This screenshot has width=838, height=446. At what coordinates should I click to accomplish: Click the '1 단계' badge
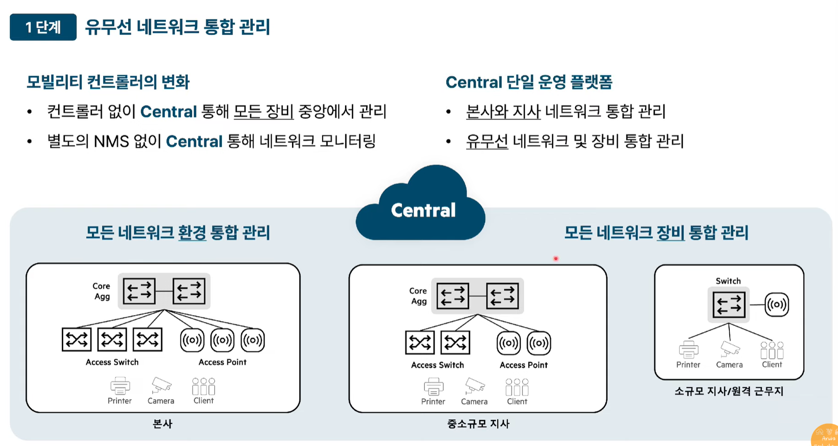pos(43,27)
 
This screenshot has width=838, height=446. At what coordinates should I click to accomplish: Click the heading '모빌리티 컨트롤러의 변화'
pos(108,82)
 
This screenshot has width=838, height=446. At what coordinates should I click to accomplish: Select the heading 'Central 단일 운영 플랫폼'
pos(529,82)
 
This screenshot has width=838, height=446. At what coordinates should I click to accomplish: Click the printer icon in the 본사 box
pos(120,386)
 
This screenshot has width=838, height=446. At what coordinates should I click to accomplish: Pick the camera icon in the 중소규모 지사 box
pos(475,386)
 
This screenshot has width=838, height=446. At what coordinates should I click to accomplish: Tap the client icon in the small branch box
pos(772,350)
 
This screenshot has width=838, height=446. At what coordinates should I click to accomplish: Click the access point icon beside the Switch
pos(777,304)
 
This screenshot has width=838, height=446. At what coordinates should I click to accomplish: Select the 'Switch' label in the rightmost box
pos(728,281)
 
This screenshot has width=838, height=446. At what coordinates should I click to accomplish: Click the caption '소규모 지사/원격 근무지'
pos(729,391)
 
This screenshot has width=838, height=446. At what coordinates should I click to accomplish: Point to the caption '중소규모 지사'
pos(478,424)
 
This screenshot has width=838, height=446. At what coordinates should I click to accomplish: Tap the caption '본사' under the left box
pos(162,424)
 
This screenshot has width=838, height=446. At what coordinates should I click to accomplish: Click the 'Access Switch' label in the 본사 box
pos(112,362)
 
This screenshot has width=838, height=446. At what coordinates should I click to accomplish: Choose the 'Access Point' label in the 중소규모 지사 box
pos(524,365)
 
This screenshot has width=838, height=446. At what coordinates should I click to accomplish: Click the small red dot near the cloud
pos(556,259)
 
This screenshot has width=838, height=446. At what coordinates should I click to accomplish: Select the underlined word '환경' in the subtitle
pos(192,233)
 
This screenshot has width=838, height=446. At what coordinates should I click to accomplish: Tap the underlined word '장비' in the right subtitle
pos(670,233)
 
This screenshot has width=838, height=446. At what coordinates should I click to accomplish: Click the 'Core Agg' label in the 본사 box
pos(102,291)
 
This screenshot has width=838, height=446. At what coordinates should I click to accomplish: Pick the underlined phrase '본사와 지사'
pos(503,111)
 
